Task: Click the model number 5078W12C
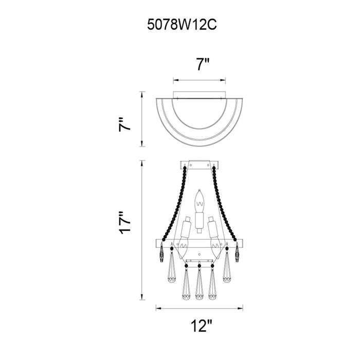[182, 25]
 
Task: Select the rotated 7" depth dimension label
[124, 124]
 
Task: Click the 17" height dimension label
[124, 223]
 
